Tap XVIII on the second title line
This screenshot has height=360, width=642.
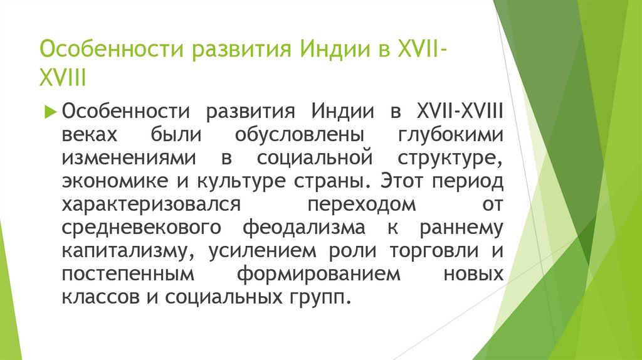click(62, 78)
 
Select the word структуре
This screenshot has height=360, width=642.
click(451, 158)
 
